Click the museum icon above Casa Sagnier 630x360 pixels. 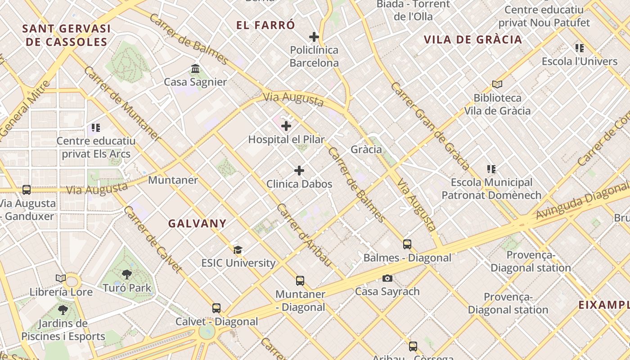click(x=195, y=69)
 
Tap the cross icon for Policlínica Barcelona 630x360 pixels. click(x=314, y=37)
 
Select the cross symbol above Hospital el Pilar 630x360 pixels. click(x=286, y=126)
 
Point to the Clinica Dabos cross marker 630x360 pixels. click(x=299, y=171)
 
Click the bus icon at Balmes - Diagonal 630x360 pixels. click(x=407, y=244)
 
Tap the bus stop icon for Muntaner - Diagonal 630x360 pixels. click(x=300, y=281)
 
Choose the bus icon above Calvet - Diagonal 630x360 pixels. click(x=216, y=308)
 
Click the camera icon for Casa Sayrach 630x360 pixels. click(x=387, y=279)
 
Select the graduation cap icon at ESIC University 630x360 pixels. click(x=238, y=250)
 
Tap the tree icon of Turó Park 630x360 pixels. click(x=127, y=274)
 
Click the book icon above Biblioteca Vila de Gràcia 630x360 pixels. click(x=497, y=84)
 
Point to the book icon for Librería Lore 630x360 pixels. click(x=61, y=279)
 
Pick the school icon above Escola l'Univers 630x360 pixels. click(x=580, y=48)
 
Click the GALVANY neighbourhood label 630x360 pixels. click(x=197, y=224)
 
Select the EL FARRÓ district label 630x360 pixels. click(x=265, y=25)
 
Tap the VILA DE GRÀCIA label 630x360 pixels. click(x=473, y=40)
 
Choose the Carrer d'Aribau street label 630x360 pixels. click(x=304, y=235)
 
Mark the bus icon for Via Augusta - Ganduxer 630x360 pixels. click(x=27, y=190)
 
